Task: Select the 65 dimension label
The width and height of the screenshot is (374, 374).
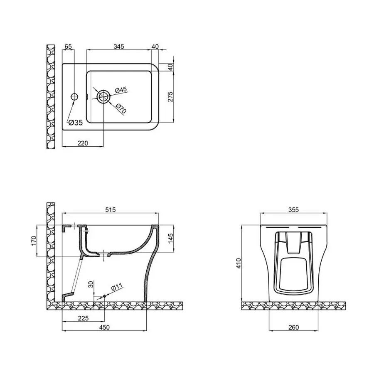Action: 69,46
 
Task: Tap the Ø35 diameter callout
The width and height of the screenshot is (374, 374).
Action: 75,122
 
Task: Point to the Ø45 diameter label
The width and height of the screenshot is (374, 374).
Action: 121,90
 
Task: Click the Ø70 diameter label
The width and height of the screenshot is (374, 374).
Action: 121,109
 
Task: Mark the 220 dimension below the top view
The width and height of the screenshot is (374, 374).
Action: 83,143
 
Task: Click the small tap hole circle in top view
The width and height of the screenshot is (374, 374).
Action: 74,97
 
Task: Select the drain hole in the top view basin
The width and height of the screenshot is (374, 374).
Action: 103,97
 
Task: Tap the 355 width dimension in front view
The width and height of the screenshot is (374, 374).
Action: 293,210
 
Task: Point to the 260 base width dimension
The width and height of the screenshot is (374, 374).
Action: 293,328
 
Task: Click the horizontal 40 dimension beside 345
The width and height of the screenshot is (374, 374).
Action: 155,46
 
